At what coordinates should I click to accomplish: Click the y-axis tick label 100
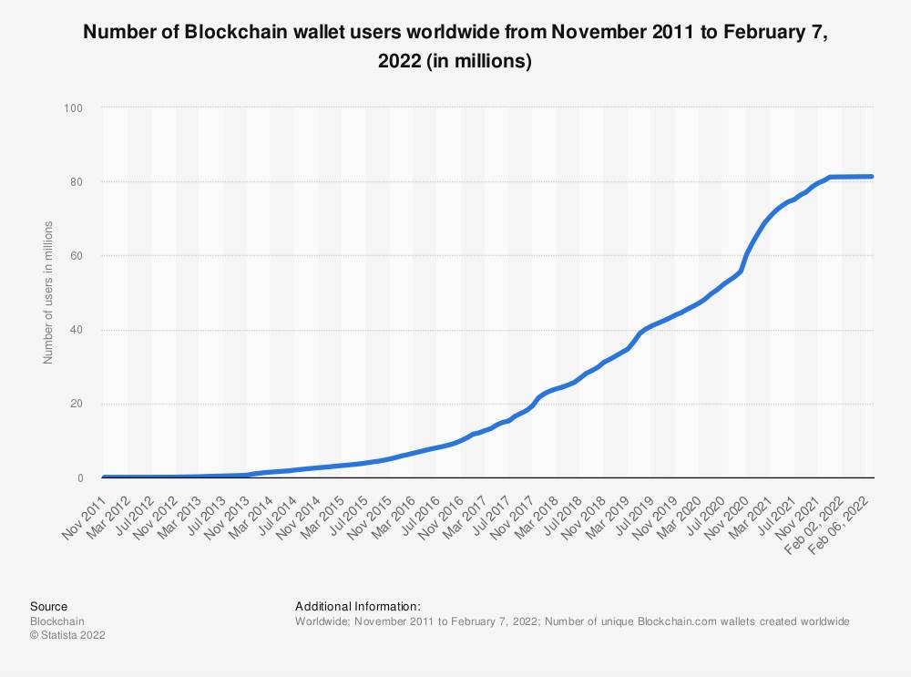coord(74,108)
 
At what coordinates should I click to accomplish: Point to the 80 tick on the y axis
coord(77,182)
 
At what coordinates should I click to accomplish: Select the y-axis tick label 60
coord(77,256)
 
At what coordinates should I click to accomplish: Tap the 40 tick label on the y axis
coord(77,330)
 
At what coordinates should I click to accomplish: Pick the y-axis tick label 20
coord(77,404)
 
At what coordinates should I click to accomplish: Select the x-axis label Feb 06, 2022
coord(849,510)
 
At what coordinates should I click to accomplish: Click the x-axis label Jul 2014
coord(274,504)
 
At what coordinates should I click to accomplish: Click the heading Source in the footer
coord(48,606)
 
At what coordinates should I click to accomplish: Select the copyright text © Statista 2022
coord(67,635)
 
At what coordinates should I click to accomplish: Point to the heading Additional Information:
coord(358,606)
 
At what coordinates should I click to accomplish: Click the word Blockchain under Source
coord(57,621)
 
